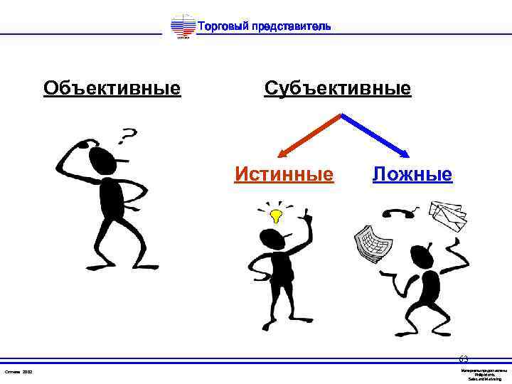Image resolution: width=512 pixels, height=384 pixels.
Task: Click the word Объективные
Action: pos(112,88)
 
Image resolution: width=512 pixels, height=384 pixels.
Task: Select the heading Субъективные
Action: pos(337,88)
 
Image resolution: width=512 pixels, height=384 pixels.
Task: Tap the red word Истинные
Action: pos(284,174)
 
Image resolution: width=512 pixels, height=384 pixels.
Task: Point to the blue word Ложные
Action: pos(412,174)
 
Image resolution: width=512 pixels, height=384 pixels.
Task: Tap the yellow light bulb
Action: pos(276,213)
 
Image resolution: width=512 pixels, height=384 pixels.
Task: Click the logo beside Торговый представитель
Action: pos(183,27)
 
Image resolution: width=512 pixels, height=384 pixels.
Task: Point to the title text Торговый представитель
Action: pos(263,26)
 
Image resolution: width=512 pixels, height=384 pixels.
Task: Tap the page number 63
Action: pos(464,358)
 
